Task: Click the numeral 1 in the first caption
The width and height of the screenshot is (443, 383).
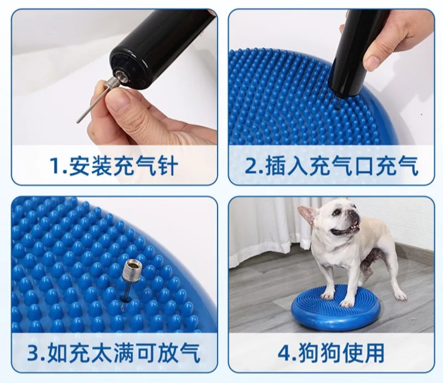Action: (x=55, y=165)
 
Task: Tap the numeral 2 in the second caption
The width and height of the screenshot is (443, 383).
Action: (x=250, y=165)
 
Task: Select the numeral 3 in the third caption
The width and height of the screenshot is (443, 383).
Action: (x=33, y=352)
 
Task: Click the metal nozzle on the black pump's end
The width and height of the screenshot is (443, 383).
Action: (x=121, y=76)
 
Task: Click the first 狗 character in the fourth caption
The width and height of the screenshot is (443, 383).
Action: (x=306, y=352)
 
